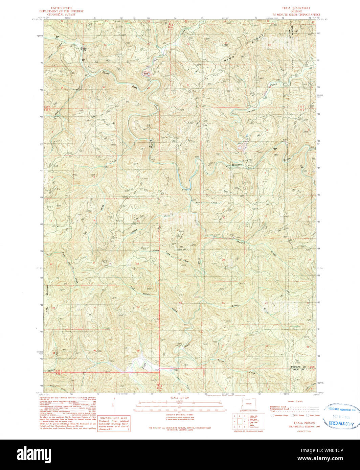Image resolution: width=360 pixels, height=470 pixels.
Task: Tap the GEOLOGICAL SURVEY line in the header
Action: point(62,14)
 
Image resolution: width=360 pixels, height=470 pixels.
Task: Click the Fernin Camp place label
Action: point(84,49)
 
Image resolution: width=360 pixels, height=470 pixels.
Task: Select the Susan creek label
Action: point(235,305)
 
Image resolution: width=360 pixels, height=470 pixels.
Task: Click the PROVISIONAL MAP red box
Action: point(113,423)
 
